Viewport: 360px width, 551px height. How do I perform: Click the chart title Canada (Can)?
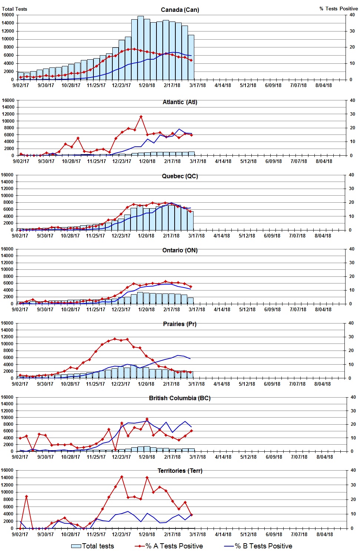[180, 10]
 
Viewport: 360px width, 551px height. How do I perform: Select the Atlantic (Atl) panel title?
[180, 102]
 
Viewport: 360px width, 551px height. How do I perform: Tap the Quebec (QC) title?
[180, 176]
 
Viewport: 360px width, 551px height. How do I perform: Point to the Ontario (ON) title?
[180, 250]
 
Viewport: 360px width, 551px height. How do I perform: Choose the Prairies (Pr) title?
[180, 324]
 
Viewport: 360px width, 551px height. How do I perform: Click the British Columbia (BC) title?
[180, 398]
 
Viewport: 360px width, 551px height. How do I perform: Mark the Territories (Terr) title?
[180, 471]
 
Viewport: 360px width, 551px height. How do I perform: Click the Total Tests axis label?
[14, 9]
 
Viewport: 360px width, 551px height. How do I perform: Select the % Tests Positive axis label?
[338, 9]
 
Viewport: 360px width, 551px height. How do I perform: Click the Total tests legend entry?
[93, 546]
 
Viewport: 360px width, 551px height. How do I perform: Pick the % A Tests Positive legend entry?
[169, 546]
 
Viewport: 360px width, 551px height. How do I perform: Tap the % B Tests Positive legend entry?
[258, 546]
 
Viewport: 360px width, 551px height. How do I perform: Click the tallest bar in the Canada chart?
[141, 47]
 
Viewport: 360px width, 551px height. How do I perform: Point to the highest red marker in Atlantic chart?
[141, 117]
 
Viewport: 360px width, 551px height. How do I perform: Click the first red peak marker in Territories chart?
[26, 496]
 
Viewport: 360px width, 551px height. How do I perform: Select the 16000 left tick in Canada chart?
[8, 15]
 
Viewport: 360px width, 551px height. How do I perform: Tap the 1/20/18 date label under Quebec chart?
[146, 236]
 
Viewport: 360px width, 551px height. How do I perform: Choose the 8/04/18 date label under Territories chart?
[324, 534]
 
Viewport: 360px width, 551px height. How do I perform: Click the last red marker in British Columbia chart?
[191, 431]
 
